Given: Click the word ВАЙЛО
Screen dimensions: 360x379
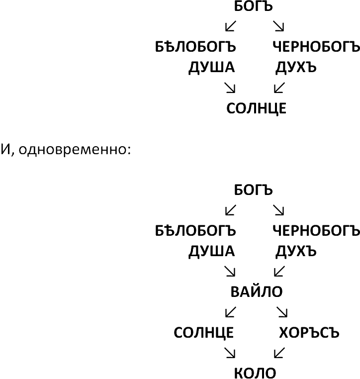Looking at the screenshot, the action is (257, 291).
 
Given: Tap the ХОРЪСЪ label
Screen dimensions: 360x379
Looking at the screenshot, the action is (309, 333).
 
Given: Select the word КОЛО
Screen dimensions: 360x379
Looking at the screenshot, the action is (255, 373).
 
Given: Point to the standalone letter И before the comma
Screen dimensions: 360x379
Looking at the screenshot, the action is (5, 149).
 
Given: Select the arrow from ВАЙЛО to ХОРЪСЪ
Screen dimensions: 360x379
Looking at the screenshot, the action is (282, 312).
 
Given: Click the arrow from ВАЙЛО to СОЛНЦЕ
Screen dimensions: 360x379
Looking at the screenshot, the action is (231, 312).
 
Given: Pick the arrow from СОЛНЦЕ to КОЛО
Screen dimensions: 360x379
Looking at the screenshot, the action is (230, 353).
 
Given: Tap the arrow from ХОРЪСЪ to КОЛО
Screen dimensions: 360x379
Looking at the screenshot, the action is (279, 353).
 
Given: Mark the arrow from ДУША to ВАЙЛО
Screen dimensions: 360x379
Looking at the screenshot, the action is (230, 271).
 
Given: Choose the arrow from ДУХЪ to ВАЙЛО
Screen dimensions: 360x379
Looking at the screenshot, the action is (279, 271).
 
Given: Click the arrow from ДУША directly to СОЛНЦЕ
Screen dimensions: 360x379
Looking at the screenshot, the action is (230, 88).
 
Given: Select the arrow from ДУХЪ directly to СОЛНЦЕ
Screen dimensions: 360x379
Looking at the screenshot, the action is (279, 88).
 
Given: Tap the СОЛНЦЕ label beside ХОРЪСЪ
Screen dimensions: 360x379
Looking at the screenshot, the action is (204, 333).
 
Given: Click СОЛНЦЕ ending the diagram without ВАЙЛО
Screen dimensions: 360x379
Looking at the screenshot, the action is (257, 108).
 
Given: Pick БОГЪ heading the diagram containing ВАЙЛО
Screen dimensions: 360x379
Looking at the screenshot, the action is (253, 189).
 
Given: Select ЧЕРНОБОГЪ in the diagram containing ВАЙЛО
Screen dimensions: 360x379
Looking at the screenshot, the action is (316, 230).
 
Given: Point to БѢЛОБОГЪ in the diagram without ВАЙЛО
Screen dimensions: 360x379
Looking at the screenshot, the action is (195, 46).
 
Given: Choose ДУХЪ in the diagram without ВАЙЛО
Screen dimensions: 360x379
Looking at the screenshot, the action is (296, 67).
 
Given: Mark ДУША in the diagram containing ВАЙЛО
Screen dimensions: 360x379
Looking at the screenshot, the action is (212, 251).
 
